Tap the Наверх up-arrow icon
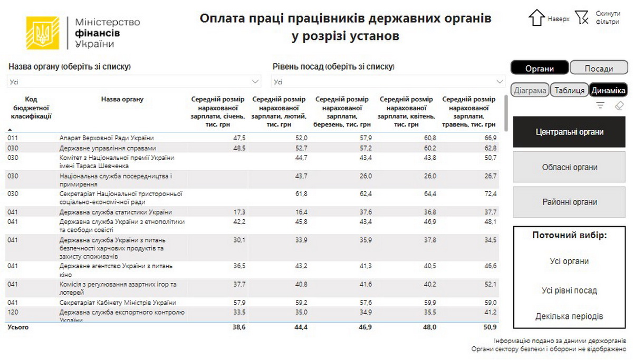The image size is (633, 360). point(536,17)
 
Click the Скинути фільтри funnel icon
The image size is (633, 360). point(581,17)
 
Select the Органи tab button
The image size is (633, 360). point(539,69)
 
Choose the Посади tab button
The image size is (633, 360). point(599,69)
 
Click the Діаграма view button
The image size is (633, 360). point(530,90)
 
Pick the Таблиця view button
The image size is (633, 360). point(569,90)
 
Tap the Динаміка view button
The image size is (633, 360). point(608,90)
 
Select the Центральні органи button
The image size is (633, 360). point(569,132)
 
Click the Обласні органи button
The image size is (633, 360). point(569,167)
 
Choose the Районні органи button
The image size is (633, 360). point(569,202)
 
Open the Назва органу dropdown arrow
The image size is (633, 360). point(256,82)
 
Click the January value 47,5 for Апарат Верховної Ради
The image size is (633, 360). point(239,138)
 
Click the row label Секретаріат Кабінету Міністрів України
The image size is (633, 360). point(118,303)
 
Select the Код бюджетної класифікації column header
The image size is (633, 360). point(31,108)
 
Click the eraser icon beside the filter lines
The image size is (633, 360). point(619,105)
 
